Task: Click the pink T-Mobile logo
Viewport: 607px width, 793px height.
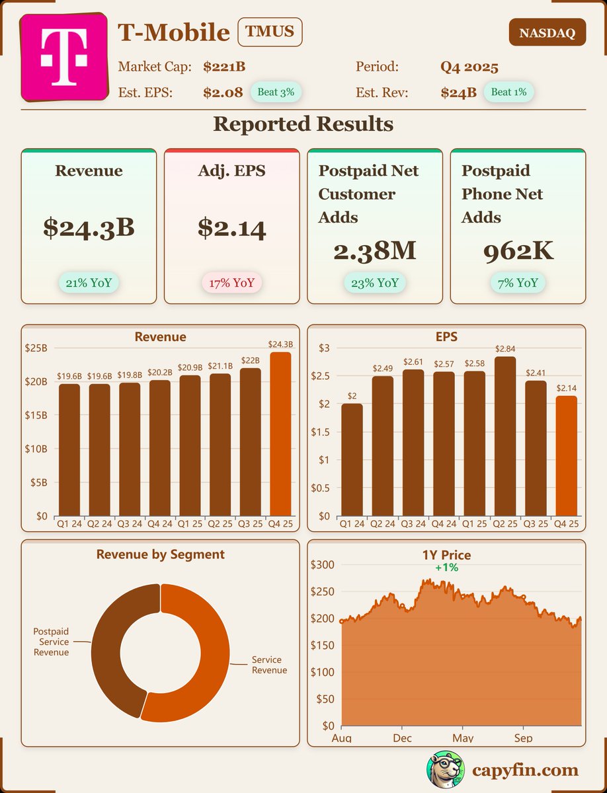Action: (64, 57)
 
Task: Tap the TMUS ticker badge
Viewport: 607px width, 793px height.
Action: (270, 32)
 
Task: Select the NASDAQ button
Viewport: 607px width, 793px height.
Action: (547, 32)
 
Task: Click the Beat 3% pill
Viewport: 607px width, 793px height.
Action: (276, 92)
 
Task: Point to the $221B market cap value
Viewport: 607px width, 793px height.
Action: (224, 67)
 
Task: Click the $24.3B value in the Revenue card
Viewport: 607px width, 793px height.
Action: (89, 227)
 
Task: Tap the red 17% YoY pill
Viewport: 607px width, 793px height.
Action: (232, 283)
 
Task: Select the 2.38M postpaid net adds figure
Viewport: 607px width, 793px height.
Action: (375, 250)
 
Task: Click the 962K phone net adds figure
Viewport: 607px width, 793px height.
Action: (518, 250)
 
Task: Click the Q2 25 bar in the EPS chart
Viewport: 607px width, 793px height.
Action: (505, 436)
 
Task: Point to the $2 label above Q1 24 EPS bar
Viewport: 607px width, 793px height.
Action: (352, 396)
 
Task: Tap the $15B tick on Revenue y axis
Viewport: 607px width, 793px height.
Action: (38, 416)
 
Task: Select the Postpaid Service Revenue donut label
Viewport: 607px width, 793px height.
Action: (52, 642)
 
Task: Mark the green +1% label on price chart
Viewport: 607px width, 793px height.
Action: (446, 568)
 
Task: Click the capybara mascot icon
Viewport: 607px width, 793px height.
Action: (445, 770)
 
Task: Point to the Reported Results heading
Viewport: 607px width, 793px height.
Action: (303, 124)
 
